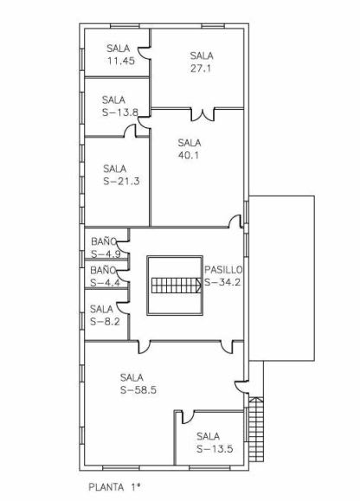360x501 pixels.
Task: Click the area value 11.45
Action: (121, 61)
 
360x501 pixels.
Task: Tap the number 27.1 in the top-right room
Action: (201, 68)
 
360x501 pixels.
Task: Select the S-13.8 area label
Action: (120, 112)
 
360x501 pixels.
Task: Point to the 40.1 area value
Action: (189, 155)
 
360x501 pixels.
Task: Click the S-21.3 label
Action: (121, 181)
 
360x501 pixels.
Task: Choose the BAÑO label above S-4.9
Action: (104, 241)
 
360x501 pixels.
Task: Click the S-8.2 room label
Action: (105, 321)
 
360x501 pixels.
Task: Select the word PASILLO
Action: (223, 270)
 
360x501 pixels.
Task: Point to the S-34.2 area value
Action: (222, 282)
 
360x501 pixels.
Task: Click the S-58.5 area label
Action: (138, 390)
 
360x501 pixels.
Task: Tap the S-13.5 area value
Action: (215, 449)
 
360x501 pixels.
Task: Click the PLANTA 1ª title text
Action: (114, 487)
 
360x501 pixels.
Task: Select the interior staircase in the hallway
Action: (176, 286)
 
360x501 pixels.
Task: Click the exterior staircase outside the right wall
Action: (256, 429)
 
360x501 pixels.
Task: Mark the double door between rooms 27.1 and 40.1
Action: (202, 115)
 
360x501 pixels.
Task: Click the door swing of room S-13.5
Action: (188, 417)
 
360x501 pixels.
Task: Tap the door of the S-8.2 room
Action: (123, 307)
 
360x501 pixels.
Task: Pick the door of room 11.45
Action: (144, 53)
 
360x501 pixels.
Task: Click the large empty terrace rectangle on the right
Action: (282, 279)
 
